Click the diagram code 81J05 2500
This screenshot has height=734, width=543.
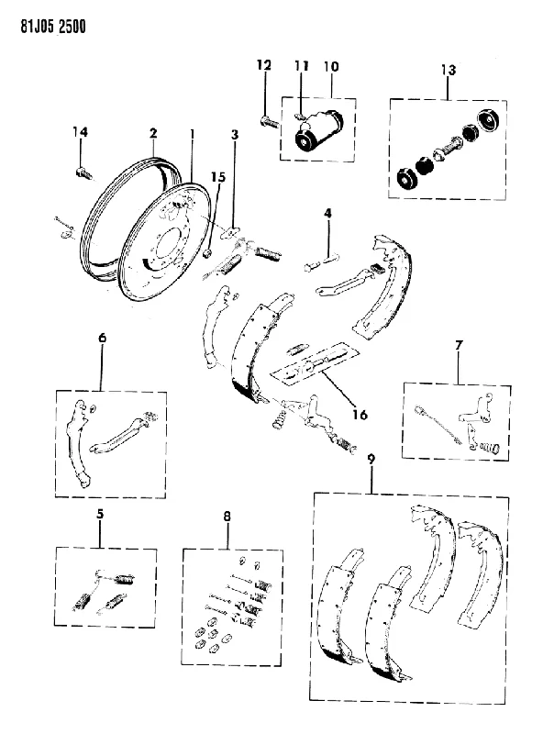(x=53, y=27)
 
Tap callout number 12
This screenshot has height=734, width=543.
(x=264, y=64)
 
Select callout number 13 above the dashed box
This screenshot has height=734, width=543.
(x=448, y=71)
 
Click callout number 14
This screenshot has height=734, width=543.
(x=80, y=132)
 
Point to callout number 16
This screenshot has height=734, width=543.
(x=360, y=415)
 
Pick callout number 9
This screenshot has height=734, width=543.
(x=371, y=460)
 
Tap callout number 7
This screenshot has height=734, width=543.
(x=459, y=346)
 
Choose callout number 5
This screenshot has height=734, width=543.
(x=100, y=514)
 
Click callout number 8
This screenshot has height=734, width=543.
(x=227, y=517)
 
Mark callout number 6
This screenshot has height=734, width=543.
(x=102, y=338)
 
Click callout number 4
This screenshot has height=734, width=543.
(x=327, y=214)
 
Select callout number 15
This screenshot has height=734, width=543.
(x=218, y=177)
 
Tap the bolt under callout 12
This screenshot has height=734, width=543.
(x=268, y=123)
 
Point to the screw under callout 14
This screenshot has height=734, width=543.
(x=82, y=173)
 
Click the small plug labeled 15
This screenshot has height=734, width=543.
(x=209, y=254)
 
